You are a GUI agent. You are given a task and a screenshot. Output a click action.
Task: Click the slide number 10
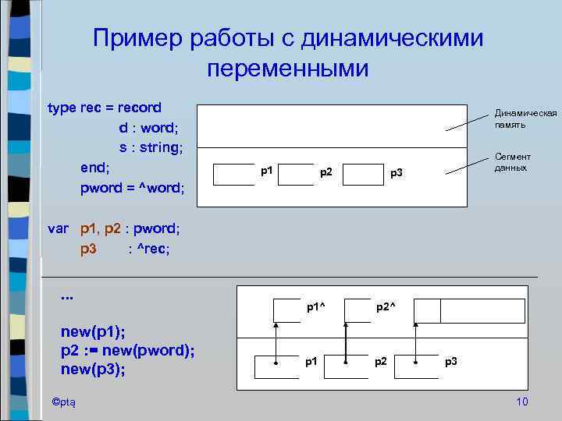point(522,402)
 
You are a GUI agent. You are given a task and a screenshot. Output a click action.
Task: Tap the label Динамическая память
point(525,119)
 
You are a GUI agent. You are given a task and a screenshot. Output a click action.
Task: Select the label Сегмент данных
point(512,162)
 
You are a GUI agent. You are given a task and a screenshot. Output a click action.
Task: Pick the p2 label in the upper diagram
point(326,172)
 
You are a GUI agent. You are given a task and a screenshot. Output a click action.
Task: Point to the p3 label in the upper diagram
point(397,172)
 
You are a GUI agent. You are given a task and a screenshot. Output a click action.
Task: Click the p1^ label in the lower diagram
point(315,307)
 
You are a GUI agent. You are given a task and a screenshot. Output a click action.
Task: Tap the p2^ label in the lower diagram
point(386,307)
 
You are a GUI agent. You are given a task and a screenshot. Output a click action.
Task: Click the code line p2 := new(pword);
point(127,350)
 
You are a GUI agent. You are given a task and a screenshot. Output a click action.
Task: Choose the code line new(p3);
point(93,369)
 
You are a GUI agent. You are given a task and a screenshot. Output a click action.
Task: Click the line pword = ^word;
point(132,188)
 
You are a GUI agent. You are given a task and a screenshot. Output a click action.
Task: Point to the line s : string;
point(151,147)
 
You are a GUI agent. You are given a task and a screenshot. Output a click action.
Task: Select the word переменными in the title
point(287,69)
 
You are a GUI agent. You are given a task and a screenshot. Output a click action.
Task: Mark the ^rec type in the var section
point(152,249)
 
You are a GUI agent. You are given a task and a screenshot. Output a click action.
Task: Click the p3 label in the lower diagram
point(451,361)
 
